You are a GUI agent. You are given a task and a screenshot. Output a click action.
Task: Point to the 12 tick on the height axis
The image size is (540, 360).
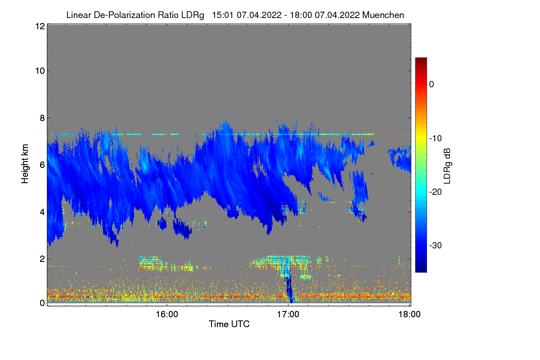(39, 27)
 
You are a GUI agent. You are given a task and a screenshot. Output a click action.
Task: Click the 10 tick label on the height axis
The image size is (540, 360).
(39, 71)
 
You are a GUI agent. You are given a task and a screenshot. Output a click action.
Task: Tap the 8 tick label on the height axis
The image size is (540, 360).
(42, 118)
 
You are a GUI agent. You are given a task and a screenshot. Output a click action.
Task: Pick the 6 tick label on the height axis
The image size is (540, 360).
(42, 165)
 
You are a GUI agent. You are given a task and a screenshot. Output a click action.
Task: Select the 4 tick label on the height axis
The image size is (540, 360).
(42, 211)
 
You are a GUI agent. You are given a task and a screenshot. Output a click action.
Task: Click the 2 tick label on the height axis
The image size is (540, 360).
(42, 259)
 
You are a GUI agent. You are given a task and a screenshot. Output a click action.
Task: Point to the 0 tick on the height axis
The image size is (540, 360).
(42, 303)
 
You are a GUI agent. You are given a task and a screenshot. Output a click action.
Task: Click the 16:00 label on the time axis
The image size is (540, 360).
(166, 315)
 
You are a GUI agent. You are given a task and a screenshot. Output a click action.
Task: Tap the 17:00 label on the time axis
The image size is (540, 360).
(288, 315)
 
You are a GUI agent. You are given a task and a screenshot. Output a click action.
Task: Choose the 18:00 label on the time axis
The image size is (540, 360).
(409, 315)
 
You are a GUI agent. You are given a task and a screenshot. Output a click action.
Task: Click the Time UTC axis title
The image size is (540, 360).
(229, 324)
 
